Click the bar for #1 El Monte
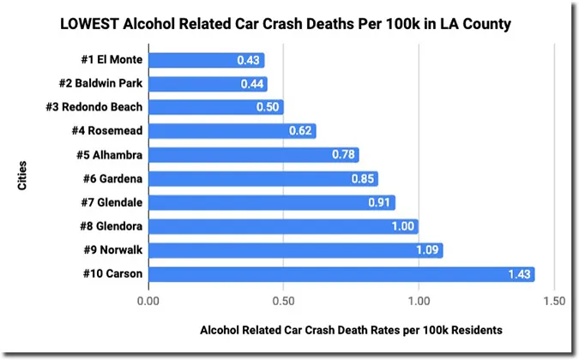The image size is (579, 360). [x=206, y=60]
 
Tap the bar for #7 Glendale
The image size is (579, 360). [x=271, y=203]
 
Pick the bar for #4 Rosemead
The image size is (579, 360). [x=232, y=131]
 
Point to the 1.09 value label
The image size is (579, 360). [x=428, y=250]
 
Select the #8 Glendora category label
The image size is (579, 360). [x=106, y=226]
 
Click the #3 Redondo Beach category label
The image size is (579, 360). [x=93, y=107]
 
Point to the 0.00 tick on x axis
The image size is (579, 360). [x=148, y=301]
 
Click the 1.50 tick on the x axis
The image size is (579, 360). [x=554, y=301]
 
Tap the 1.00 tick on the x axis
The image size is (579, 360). [x=419, y=301]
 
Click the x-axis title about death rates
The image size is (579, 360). [x=351, y=329]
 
